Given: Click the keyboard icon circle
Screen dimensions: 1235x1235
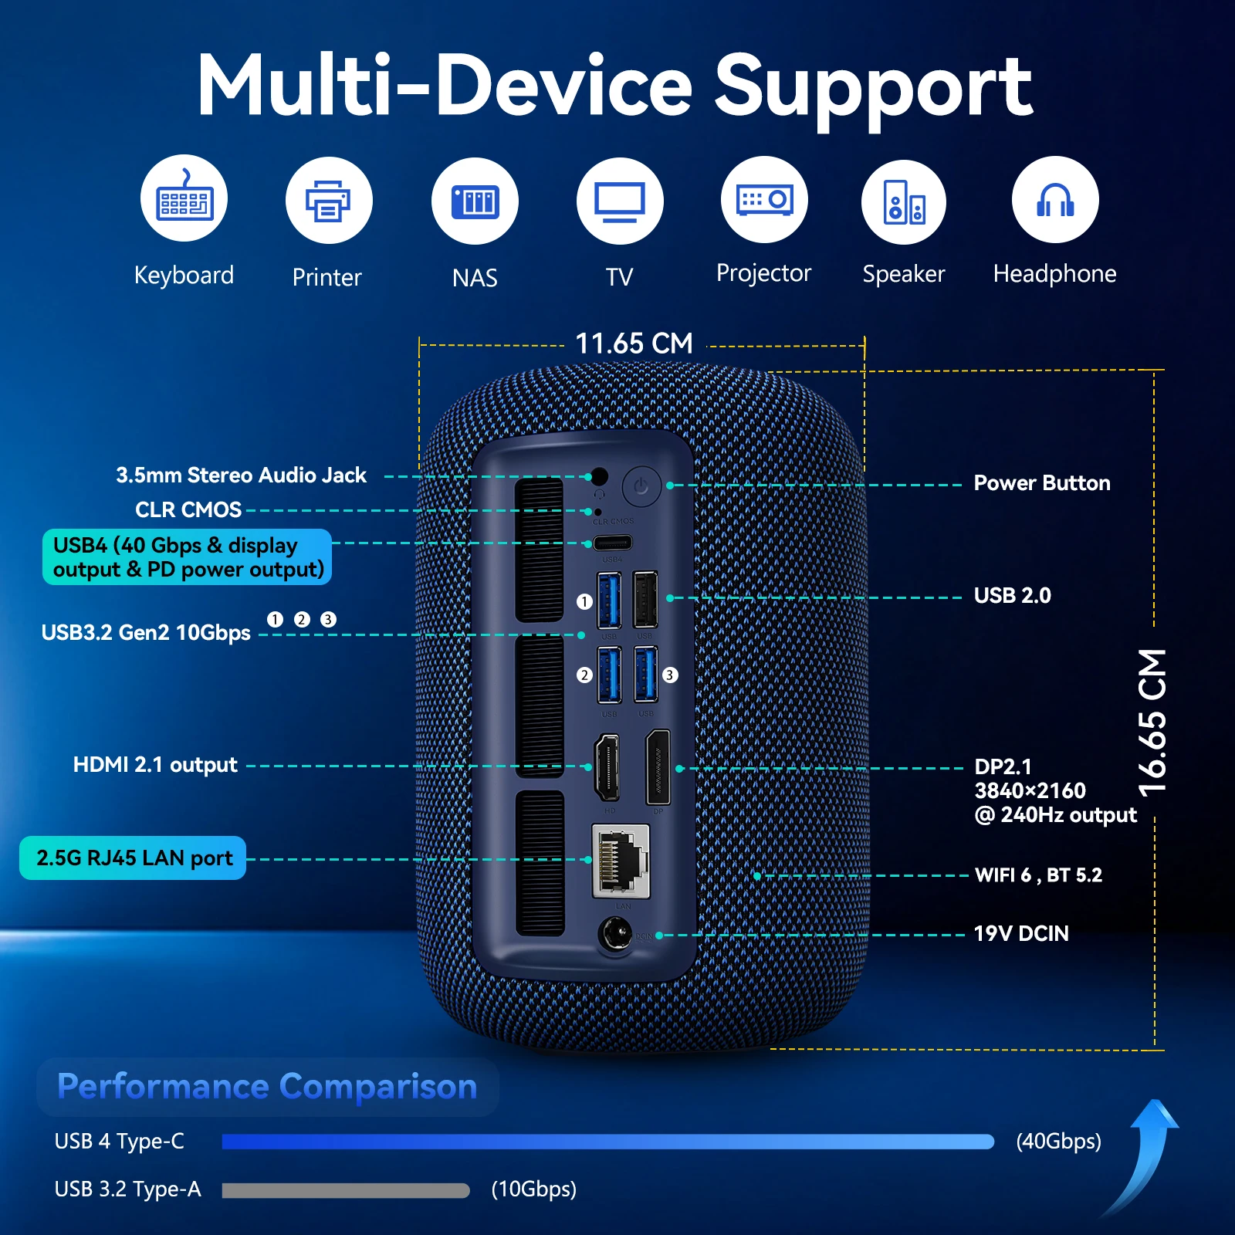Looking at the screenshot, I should click(x=184, y=199).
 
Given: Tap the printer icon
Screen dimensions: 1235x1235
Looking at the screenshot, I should click(x=329, y=201).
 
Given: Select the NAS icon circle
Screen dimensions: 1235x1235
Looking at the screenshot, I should click(x=475, y=201).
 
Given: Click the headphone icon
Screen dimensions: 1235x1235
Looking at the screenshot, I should click(x=1054, y=200).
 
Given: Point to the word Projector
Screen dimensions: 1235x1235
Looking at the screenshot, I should click(x=763, y=273).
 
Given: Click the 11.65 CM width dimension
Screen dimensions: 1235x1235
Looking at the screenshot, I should click(x=634, y=344).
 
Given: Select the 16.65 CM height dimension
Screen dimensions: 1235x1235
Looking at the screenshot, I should click(x=1152, y=722).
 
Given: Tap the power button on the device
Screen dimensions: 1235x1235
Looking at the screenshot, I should click(x=641, y=486).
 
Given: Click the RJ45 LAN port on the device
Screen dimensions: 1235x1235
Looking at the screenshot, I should click(x=621, y=861).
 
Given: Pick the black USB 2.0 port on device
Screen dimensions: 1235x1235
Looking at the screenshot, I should click(x=645, y=600).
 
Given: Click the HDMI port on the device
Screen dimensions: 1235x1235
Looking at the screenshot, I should click(x=607, y=767).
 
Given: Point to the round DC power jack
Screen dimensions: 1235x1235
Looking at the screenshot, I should click(x=615, y=935).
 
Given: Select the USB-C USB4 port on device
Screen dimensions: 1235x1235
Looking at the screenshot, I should click(x=612, y=543).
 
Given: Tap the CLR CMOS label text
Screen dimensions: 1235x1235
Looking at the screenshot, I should click(x=188, y=510).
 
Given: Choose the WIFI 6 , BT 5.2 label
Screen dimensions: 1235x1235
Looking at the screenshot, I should click(x=1038, y=875).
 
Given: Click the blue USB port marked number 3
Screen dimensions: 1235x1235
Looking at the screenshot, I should click(x=645, y=675).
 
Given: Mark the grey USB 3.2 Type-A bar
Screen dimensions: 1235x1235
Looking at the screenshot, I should click(x=345, y=1190).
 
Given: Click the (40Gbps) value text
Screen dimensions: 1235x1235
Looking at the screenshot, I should click(x=1058, y=1142).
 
